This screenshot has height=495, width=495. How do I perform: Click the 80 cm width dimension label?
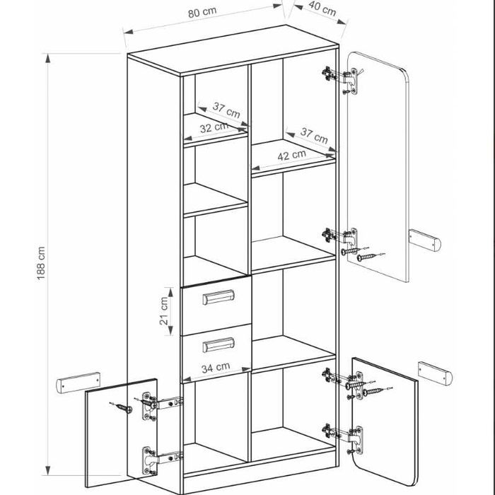(x=202, y=12)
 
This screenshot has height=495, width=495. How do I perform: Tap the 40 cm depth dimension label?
(x=322, y=8)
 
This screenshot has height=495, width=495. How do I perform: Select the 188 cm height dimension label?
(x=41, y=263)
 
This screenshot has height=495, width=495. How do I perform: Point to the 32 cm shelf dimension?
(x=214, y=127)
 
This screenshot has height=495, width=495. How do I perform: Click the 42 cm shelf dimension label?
(x=291, y=155)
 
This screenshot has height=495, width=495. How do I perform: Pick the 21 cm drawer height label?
(x=163, y=311)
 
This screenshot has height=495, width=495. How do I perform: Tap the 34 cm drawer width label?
(x=216, y=368)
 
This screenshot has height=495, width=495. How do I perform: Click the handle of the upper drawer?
(x=218, y=297)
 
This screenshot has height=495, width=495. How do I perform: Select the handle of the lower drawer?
(x=218, y=345)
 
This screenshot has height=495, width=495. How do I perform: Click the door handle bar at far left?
(x=78, y=383)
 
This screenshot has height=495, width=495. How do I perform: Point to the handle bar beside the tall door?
(x=424, y=240)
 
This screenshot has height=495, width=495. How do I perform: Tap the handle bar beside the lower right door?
(x=435, y=374)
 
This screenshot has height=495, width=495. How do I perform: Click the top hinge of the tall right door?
(x=342, y=79)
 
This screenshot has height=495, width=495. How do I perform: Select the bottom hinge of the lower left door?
(x=161, y=460)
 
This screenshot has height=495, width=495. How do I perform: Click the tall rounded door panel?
(x=378, y=167)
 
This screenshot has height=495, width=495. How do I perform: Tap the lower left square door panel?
(x=121, y=433)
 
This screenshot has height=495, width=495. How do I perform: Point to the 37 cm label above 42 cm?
(x=314, y=136)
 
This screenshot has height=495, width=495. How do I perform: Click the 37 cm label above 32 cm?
(x=226, y=110)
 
